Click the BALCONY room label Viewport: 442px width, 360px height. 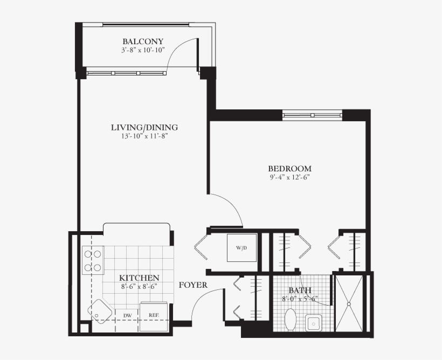pos(143,41)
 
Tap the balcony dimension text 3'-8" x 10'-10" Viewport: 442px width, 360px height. pos(143,50)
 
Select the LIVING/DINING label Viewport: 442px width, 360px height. pos(144,128)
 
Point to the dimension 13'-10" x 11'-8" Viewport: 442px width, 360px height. pos(144,136)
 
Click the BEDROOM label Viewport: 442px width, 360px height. pos(291,168)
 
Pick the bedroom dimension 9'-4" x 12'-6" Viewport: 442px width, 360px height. pos(291,177)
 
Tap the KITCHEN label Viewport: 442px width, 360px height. pos(139,278)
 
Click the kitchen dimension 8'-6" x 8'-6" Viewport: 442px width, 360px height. pos(139,287)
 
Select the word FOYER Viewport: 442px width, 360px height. pos(193,285)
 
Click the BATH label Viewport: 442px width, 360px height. pos(299,290)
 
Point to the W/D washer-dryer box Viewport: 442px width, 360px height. pos(241,248)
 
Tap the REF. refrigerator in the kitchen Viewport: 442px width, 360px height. pos(154,315)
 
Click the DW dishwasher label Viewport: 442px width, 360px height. pos(128,315)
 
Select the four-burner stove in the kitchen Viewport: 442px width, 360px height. pos(92,260)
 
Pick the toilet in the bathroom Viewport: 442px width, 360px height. pos(291,319)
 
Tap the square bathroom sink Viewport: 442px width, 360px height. pos(314,322)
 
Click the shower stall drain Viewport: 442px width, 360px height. pos(349,304)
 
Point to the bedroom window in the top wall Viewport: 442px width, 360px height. pos(313,114)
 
